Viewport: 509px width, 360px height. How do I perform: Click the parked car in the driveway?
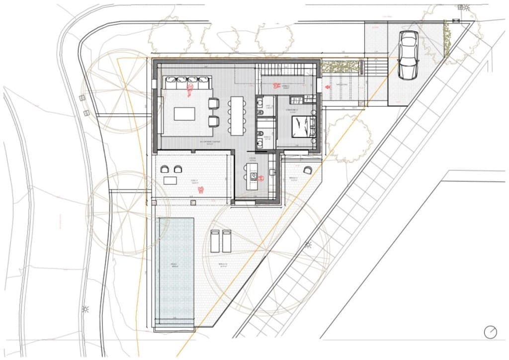(x=408, y=55)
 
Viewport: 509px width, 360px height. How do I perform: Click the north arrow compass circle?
(x=491, y=332)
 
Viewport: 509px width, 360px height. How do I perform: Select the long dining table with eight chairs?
(x=237, y=115)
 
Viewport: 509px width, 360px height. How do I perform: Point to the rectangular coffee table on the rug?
(x=184, y=114)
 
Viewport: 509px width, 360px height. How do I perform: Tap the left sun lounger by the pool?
(x=215, y=241)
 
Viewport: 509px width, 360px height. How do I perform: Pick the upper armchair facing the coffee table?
(x=213, y=103)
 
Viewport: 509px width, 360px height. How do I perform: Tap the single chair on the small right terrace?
(x=308, y=170)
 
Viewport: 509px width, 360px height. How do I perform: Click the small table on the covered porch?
(x=170, y=180)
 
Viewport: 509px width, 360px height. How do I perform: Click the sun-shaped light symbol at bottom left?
(x=85, y=309)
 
